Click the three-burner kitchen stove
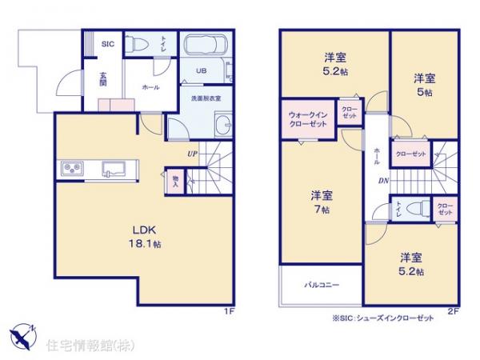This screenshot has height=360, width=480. coord(70,168)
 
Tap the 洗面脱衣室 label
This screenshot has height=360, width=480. coord(205,98)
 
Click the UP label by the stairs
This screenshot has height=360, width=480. coord(193,152)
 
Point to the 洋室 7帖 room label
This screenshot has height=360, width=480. coord(323,202)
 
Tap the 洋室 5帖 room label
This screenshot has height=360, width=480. coord(424,84)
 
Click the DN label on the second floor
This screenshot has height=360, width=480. coord(383,180)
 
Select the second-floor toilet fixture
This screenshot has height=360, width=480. coord(414,208)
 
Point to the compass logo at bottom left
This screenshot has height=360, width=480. coord(22,333)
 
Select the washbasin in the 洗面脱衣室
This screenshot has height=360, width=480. coord(223,126)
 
